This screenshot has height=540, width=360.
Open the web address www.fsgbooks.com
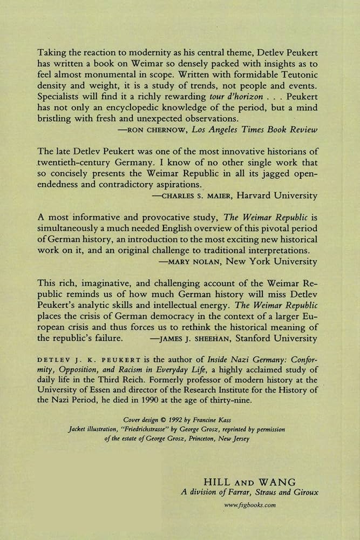tap(250, 505)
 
